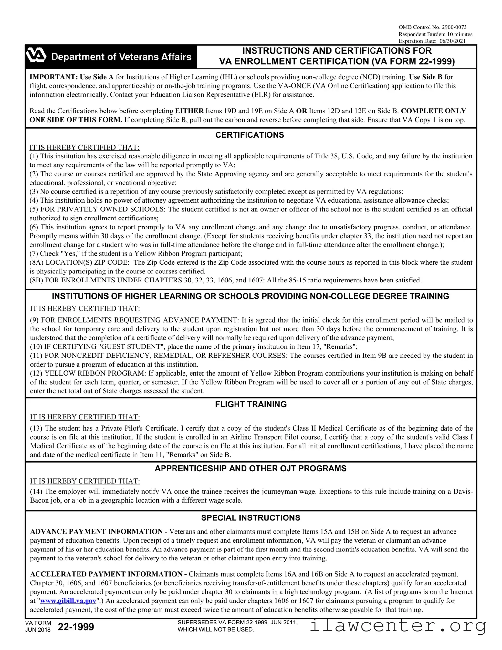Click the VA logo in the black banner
(x=36, y=56)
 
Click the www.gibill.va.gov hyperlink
(x=68, y=601)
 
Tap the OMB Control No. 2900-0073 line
(x=432, y=27)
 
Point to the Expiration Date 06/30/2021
(x=432, y=41)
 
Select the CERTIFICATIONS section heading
(x=250, y=135)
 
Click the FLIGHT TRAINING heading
(x=251, y=404)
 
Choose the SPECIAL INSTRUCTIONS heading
(x=251, y=518)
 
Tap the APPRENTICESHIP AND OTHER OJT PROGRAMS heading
(x=250, y=468)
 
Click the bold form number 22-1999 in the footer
(x=76, y=627)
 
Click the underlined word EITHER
(x=189, y=111)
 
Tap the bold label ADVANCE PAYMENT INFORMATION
(x=96, y=532)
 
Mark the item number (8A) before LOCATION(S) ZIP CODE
(x=37, y=262)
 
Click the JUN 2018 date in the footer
(x=38, y=630)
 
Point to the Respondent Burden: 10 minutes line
(x=435, y=34)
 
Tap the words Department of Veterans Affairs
(x=121, y=57)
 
